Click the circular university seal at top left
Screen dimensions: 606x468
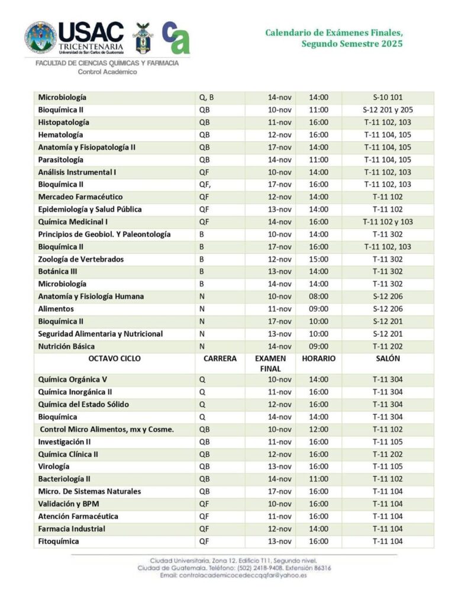pos(40,37)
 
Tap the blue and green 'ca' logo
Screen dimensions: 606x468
pos(176,37)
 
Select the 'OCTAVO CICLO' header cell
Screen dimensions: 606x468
pos(114,359)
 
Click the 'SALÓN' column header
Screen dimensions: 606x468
pos(388,359)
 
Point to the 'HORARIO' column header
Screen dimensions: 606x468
pos(318,359)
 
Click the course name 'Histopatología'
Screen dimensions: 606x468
pos(64,123)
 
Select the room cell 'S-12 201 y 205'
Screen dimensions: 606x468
pos(388,110)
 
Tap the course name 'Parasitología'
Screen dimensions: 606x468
pos(61,160)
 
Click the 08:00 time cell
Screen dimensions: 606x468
pos(318,296)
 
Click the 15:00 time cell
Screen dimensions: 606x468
pos(318,259)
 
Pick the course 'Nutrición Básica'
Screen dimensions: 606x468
pos(66,346)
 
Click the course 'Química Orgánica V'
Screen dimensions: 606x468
pos(72,379)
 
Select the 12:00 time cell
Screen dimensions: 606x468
pos(318,429)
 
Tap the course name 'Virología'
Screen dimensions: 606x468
pos(54,466)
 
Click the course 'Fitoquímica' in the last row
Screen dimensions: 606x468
pos(59,541)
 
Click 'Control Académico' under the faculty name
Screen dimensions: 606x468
pos(107,72)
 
